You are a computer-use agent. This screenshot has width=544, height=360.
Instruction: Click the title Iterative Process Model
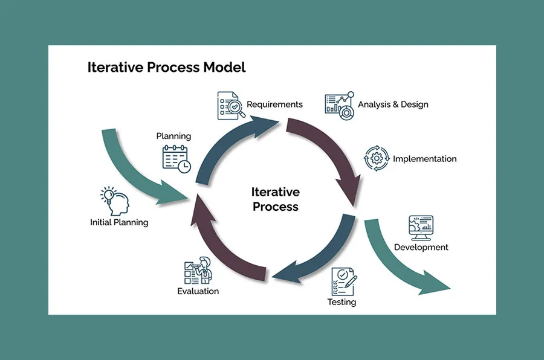pos(166,67)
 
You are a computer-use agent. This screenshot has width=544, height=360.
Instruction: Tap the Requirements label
pos(274,104)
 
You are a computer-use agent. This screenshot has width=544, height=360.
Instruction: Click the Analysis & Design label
pos(393,104)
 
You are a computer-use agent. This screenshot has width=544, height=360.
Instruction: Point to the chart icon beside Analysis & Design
pos(339,105)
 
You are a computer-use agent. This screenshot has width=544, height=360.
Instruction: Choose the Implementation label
pos(424,159)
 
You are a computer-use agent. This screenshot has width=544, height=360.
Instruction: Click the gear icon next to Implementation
pos(376,158)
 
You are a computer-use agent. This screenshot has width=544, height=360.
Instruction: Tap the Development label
pos(421,247)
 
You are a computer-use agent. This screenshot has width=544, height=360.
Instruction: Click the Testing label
pos(342,301)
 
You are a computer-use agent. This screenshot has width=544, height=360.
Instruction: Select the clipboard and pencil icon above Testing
pos(343,280)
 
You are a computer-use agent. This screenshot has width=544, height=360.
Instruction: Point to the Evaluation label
pos(198,291)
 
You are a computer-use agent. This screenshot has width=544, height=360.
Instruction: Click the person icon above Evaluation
pos(199,271)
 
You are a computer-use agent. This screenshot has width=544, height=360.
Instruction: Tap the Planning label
pos(173,136)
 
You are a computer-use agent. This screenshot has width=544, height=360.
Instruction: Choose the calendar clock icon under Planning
pos(176,158)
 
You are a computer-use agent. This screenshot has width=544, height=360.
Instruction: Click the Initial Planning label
pos(119,222)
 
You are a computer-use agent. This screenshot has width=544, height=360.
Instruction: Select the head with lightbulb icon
pos(115,201)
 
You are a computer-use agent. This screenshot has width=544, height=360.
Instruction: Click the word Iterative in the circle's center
pos(275,192)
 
